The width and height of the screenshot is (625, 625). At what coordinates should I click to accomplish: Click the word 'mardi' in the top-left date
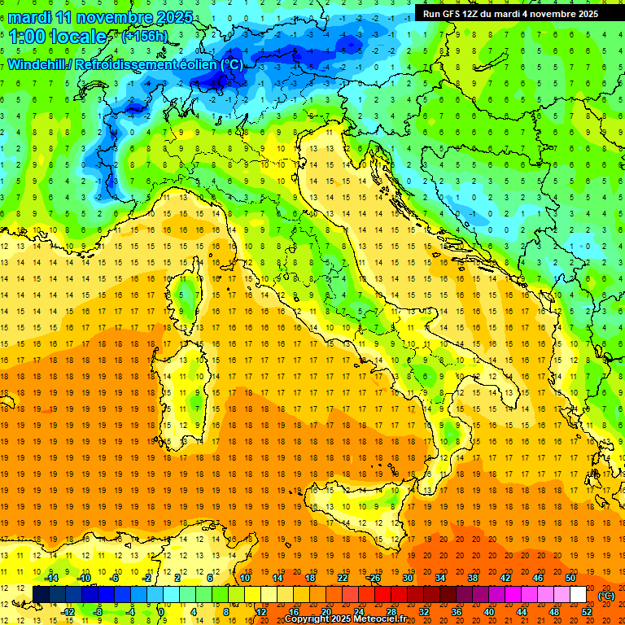[x=30, y=17]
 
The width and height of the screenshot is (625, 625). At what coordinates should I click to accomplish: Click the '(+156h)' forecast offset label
[x=144, y=37]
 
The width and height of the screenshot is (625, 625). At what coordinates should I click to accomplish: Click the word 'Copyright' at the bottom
[x=307, y=619]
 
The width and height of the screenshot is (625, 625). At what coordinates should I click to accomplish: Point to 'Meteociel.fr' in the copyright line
[x=380, y=619]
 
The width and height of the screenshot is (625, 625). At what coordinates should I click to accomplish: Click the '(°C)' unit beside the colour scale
[x=605, y=596]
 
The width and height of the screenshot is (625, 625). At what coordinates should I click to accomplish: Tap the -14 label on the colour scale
[x=53, y=578]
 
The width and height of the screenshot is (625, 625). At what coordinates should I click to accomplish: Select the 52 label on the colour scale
[x=587, y=612]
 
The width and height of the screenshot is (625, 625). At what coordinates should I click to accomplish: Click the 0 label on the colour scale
[x=161, y=612]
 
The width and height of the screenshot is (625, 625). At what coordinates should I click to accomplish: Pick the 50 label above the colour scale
[x=570, y=578]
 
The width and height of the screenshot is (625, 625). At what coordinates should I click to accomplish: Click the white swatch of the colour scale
[x=578, y=595]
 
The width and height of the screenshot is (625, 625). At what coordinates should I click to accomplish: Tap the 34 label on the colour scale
[x=439, y=578]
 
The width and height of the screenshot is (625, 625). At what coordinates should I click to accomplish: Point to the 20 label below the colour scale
[x=326, y=612]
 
